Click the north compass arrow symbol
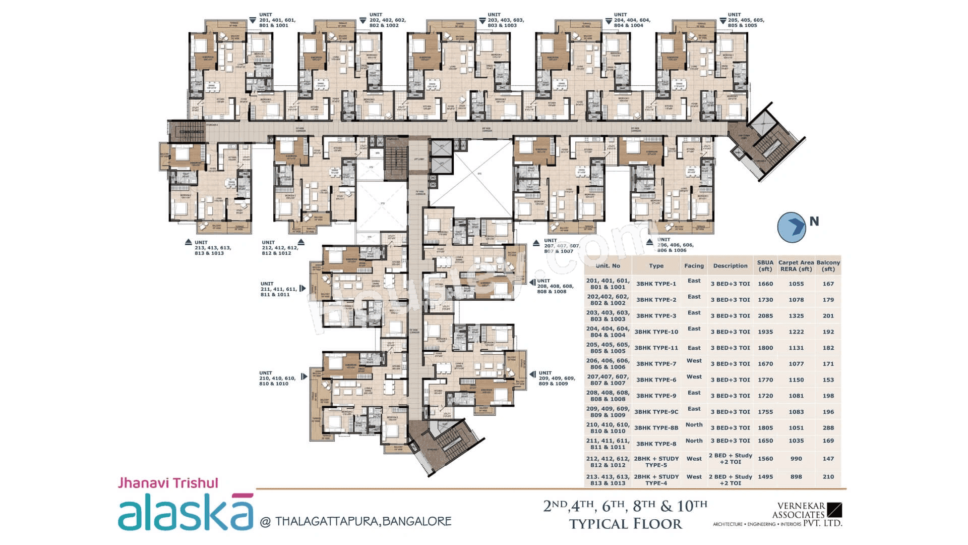pos(792,227)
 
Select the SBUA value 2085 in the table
pos(765,316)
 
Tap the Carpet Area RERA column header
pos(796,265)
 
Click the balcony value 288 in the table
pos(828,428)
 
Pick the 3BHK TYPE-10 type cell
pos(656,332)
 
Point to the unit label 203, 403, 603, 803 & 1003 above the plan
pos(505,20)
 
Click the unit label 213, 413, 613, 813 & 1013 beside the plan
pos(212,248)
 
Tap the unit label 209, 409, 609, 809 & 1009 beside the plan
pos(556,378)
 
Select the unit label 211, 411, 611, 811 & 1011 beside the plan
pos(278,289)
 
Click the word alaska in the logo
pos(186,512)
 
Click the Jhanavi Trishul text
pos(168,483)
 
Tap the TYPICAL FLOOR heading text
pos(625,524)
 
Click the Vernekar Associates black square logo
pos(834,510)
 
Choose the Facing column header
pos(694,265)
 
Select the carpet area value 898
pos(796,477)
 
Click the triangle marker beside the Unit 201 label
pos(253,21)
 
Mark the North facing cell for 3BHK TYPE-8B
pos(694,425)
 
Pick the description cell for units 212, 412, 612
pos(730,459)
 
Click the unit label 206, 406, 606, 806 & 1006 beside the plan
pos(675,245)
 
